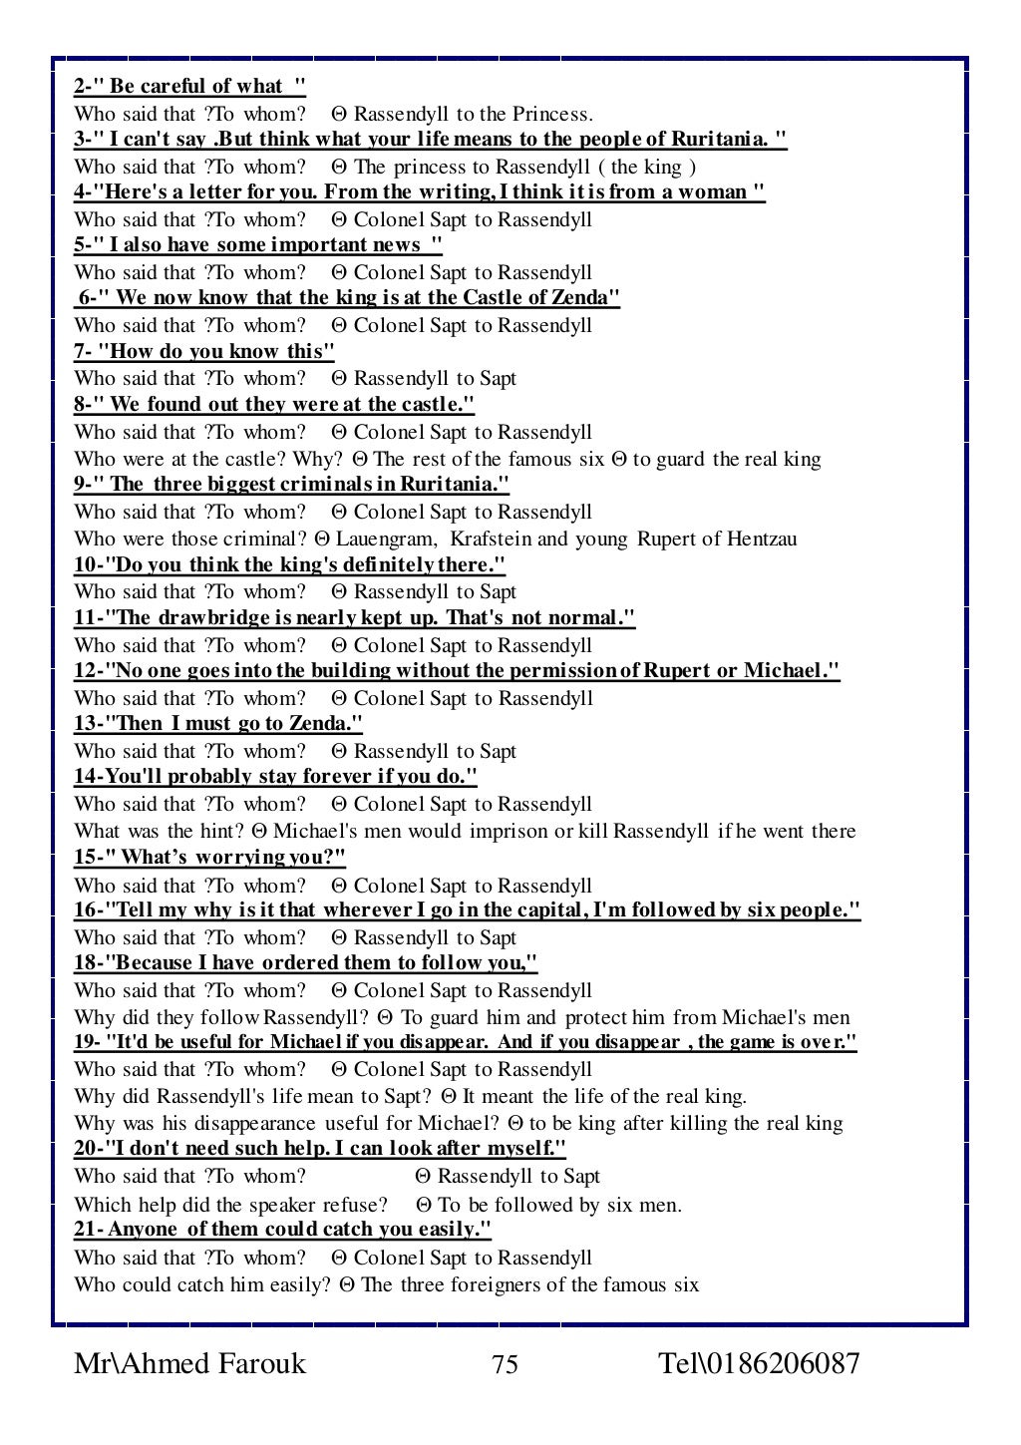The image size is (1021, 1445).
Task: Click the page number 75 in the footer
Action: coord(506,1364)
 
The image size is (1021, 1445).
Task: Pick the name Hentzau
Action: coord(762,540)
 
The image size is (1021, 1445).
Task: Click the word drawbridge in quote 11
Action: coord(208,618)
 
